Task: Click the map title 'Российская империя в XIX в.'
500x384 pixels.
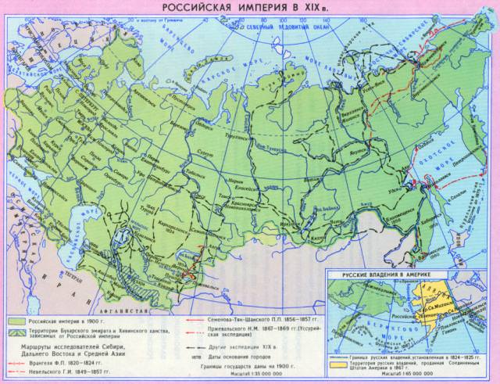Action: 249,7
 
